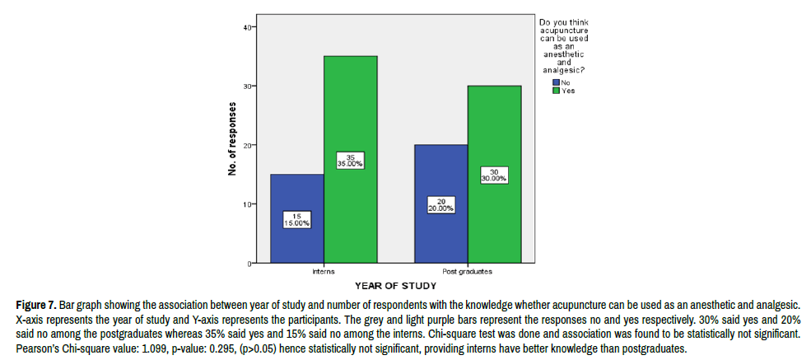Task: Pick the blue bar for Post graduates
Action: pos(440,239)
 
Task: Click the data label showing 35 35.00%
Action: pos(350,161)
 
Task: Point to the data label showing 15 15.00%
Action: pos(296,219)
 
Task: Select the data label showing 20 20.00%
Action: pos(440,205)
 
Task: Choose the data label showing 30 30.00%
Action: pos(494,175)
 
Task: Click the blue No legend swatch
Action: pos(557,83)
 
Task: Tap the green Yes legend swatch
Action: pos(557,91)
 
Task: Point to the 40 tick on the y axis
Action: pos(248,27)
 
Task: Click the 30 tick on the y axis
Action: pos(248,86)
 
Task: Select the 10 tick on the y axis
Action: pos(248,204)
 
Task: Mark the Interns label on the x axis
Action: pos(323,270)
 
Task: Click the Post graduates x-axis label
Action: pos(467,270)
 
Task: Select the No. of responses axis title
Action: pos(233,139)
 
